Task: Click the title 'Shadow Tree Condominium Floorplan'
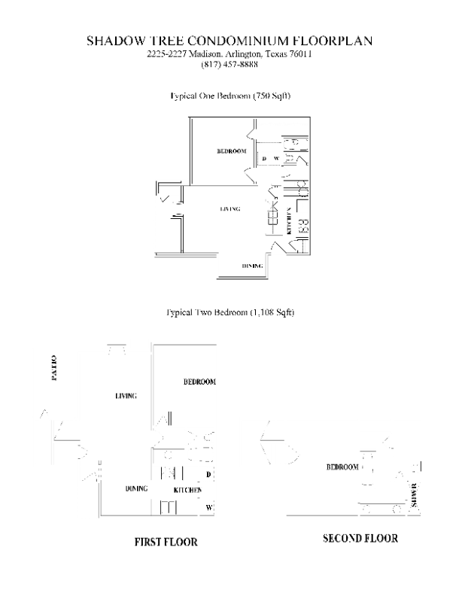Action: [x=229, y=41]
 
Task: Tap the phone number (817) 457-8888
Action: [x=229, y=65]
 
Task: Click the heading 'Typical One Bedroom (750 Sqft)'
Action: [x=230, y=96]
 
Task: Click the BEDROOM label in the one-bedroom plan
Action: [x=232, y=151]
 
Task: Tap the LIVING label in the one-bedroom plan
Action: [x=230, y=208]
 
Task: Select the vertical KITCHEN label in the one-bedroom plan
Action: [x=288, y=220]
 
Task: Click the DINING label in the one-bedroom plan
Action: [x=252, y=266]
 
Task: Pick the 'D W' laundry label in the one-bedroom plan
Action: [x=270, y=158]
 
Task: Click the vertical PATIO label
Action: [x=54, y=368]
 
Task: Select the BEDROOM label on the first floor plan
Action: [x=199, y=382]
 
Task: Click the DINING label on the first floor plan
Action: [x=136, y=489]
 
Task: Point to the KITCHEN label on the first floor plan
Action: [x=187, y=490]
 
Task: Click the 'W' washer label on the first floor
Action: [x=208, y=508]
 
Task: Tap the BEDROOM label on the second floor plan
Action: [x=342, y=467]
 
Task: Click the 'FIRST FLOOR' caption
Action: [x=166, y=542]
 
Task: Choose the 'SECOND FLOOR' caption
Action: [x=360, y=539]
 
